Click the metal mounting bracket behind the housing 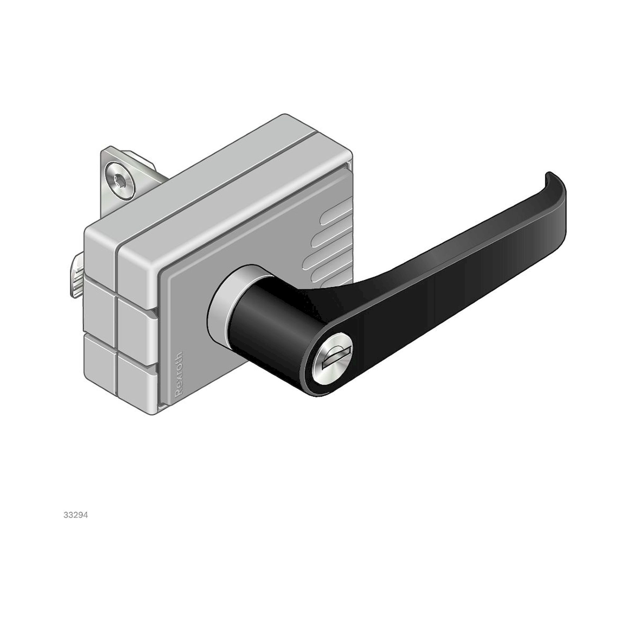pyautogui.click(x=108, y=163)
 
